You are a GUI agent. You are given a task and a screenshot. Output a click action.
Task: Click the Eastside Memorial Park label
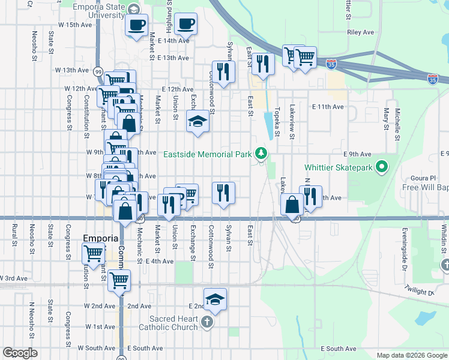coord(208,154)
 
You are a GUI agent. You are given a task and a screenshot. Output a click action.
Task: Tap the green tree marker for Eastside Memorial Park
coord(261,154)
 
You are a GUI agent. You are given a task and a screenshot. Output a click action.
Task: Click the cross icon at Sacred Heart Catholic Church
coord(206,322)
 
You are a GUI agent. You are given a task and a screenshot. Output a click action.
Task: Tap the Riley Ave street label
coord(360,32)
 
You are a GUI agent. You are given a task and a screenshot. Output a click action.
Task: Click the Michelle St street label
coord(397,121)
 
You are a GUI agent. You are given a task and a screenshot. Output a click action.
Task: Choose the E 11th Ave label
coord(328,106)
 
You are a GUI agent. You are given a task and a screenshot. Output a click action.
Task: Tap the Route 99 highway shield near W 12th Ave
coord(98,71)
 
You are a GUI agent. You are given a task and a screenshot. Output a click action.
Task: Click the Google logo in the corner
coord(20,352)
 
